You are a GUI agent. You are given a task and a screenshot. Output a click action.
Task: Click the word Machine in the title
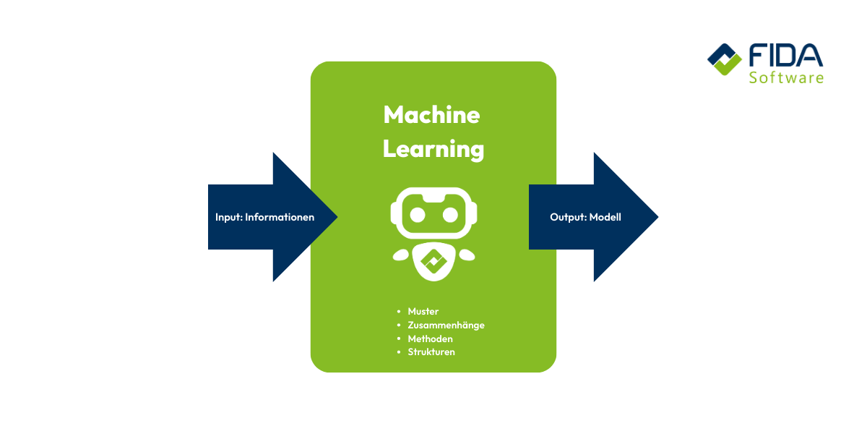coord(431,114)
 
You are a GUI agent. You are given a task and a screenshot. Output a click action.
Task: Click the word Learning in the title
coord(433,149)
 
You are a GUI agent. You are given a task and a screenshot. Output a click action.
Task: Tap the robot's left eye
coord(417,214)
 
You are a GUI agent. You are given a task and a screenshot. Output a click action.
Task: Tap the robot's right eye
coord(450,214)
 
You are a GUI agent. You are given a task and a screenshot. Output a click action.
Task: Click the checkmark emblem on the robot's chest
coord(433,262)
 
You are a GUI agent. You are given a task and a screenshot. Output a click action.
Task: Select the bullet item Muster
coord(423,312)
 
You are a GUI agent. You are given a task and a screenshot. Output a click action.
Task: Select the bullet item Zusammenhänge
coord(446,325)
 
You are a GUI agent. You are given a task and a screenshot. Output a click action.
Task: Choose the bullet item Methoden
coord(430,339)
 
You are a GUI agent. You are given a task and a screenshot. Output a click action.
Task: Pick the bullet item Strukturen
coord(431,352)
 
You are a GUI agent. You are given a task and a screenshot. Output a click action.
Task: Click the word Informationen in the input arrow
coord(280,217)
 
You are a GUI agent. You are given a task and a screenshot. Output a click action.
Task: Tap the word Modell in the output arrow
coord(605,217)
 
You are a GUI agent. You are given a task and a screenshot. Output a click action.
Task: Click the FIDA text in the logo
coord(785,56)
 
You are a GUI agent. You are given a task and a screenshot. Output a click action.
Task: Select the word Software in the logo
coord(785,77)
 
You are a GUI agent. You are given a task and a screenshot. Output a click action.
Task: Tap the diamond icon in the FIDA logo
coord(724,60)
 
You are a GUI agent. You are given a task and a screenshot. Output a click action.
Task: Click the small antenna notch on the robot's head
coord(433,195)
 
